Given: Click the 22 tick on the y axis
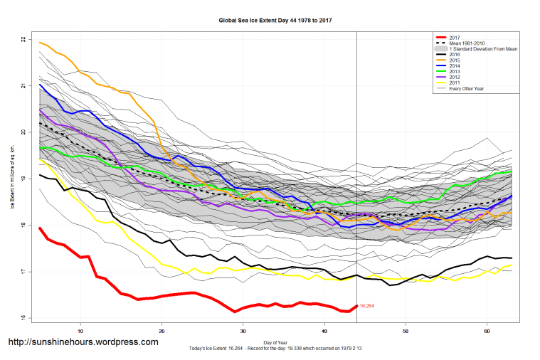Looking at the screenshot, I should pyautogui.click(x=23, y=39).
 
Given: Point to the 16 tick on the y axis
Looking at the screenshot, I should pyautogui.click(x=23, y=318).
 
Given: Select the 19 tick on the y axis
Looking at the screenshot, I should pyautogui.click(x=23, y=179).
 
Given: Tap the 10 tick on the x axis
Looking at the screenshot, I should pyautogui.click(x=81, y=332).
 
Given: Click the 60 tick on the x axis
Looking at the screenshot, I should pyautogui.click(x=487, y=332).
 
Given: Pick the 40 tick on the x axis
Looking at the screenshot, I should pyautogui.click(x=324, y=332).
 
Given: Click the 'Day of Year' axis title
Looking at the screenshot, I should pyautogui.click(x=275, y=341).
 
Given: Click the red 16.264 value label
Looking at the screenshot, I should pyautogui.click(x=366, y=306).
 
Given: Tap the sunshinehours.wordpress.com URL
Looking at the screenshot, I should pyautogui.click(x=83, y=342).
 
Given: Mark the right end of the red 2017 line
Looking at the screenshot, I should pyautogui.click(x=356, y=306).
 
